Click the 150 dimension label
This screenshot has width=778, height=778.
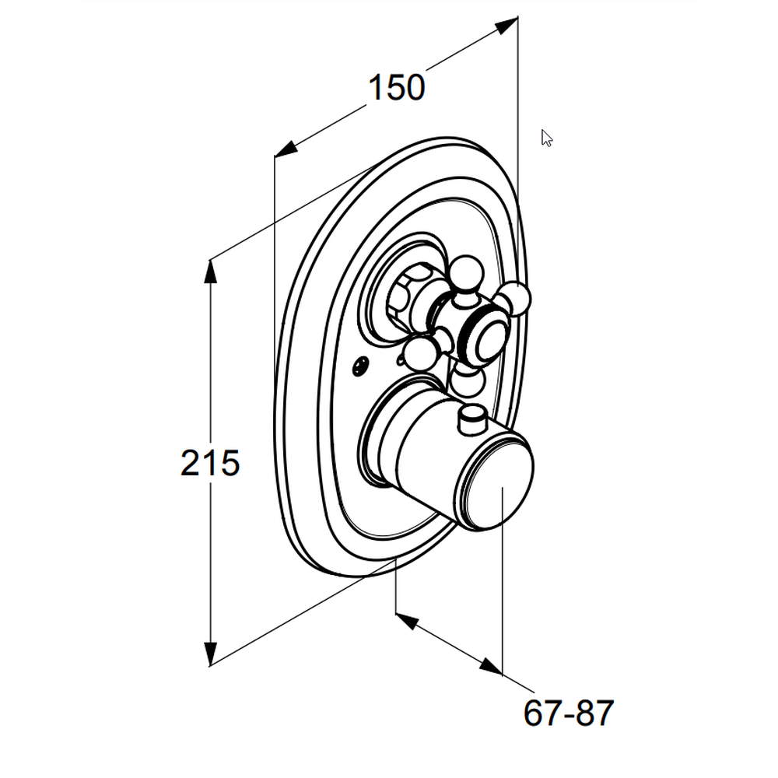397,88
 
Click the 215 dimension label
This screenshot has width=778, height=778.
210,464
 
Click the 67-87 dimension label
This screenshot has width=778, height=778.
569,713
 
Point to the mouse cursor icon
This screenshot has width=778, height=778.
546,138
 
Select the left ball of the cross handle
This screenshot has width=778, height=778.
419,352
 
